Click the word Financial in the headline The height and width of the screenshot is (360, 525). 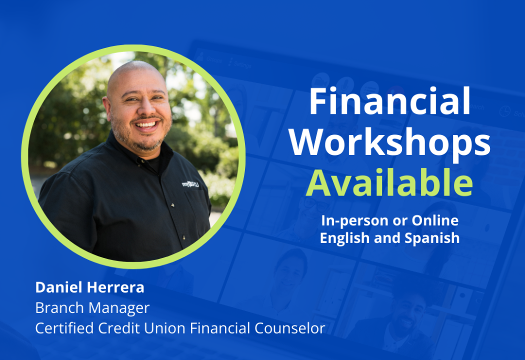pos(389,101)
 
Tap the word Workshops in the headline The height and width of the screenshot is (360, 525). pos(389,142)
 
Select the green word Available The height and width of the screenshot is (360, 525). pos(389,182)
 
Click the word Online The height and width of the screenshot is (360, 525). pos(435,220)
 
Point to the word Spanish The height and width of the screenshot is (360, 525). pos(432,238)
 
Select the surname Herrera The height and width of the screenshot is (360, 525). pos(115,287)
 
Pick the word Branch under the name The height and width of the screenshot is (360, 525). pos(59,308)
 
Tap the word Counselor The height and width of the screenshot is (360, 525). pos(290,328)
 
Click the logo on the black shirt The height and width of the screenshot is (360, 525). pos(190,184)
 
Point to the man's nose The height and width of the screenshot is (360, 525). pos(147,108)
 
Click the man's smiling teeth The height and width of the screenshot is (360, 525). pos(146,124)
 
